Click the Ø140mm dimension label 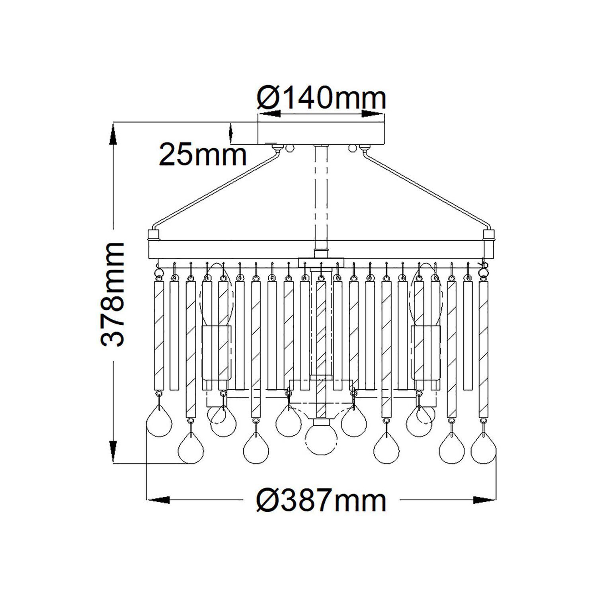point(322,98)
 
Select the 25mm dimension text point(203,155)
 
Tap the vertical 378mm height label point(113,295)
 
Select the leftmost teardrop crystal point(159,423)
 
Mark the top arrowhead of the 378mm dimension point(113,133)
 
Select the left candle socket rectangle point(217,353)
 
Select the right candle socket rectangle point(427,353)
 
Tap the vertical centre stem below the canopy point(321,199)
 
